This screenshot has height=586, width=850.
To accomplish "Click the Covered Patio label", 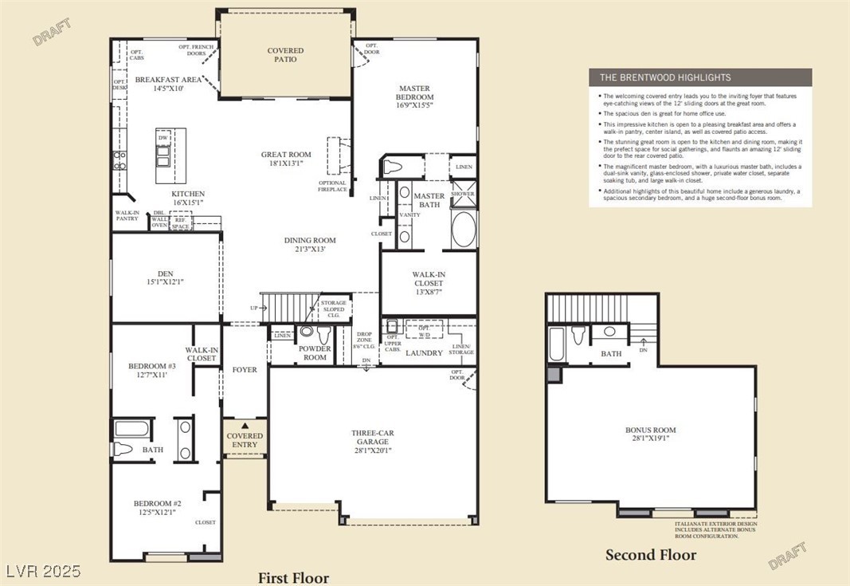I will tap(285, 55).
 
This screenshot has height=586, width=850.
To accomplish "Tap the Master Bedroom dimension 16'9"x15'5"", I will tap(414, 105).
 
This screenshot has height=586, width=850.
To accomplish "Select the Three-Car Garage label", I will tap(372, 437).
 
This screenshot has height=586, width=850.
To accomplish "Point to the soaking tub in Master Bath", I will tap(463, 230).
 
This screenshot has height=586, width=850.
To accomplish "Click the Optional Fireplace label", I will tap(332, 186).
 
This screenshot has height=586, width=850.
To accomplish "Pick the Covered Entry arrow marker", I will tap(245, 427).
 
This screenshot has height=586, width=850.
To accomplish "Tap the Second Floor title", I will tap(650, 555).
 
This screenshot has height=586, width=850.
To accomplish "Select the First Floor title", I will tap(292, 577).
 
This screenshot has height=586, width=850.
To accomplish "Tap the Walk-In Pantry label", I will tap(127, 216).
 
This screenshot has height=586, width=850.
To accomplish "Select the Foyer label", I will tap(245, 370).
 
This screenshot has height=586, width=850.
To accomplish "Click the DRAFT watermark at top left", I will tap(53, 32).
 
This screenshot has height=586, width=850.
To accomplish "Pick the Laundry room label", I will tap(424, 352).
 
